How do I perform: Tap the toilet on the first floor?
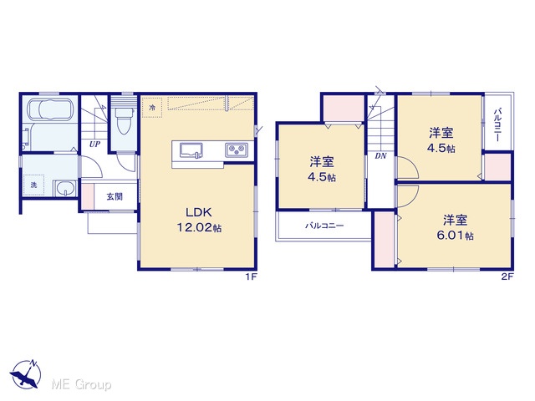point(123,120)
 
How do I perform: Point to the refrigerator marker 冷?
point(152,108)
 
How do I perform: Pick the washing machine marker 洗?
point(33,185)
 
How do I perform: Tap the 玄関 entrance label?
point(115,197)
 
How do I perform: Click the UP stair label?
point(94,145)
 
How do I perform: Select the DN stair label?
point(380,156)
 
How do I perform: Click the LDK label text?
point(199,212)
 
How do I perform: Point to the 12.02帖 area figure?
point(199,227)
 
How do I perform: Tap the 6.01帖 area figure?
point(455,236)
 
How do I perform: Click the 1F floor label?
point(251,277)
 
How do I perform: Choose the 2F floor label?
point(507,277)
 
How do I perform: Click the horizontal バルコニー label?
point(324,226)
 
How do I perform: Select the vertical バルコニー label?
point(497,124)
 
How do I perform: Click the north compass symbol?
point(26,373)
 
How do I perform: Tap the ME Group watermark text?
point(81,384)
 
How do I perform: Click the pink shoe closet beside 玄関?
point(88,196)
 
